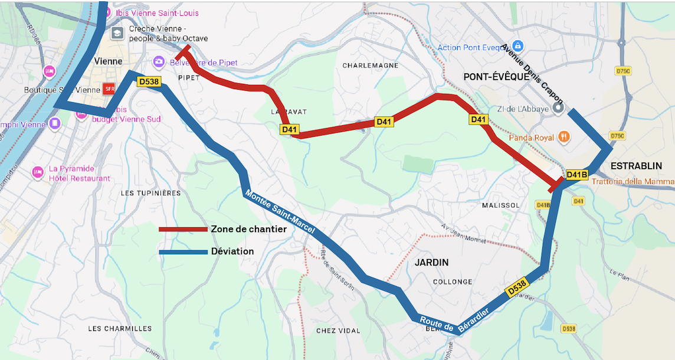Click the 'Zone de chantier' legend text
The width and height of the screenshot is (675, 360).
coord(248,229)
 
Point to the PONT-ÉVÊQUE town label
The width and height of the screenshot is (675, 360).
coord(496,77)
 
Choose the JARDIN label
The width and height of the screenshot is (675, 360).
coord(431,262)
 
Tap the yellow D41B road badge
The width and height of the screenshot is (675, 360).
coord(576,174)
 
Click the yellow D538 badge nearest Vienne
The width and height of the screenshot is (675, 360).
coord(148,81)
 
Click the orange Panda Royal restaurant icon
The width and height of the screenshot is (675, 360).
coord(565,137)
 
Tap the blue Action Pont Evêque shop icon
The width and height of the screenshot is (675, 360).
coord(517,45)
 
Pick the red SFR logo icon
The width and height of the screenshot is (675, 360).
coord(109,89)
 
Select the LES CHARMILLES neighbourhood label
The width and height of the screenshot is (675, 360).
coord(120,328)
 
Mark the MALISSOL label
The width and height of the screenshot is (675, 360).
coord(500,205)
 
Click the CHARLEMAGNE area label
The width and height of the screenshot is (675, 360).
coord(370,66)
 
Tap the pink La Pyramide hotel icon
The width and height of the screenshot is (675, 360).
coord(38,172)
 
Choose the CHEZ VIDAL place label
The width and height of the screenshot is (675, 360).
coord(337,330)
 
